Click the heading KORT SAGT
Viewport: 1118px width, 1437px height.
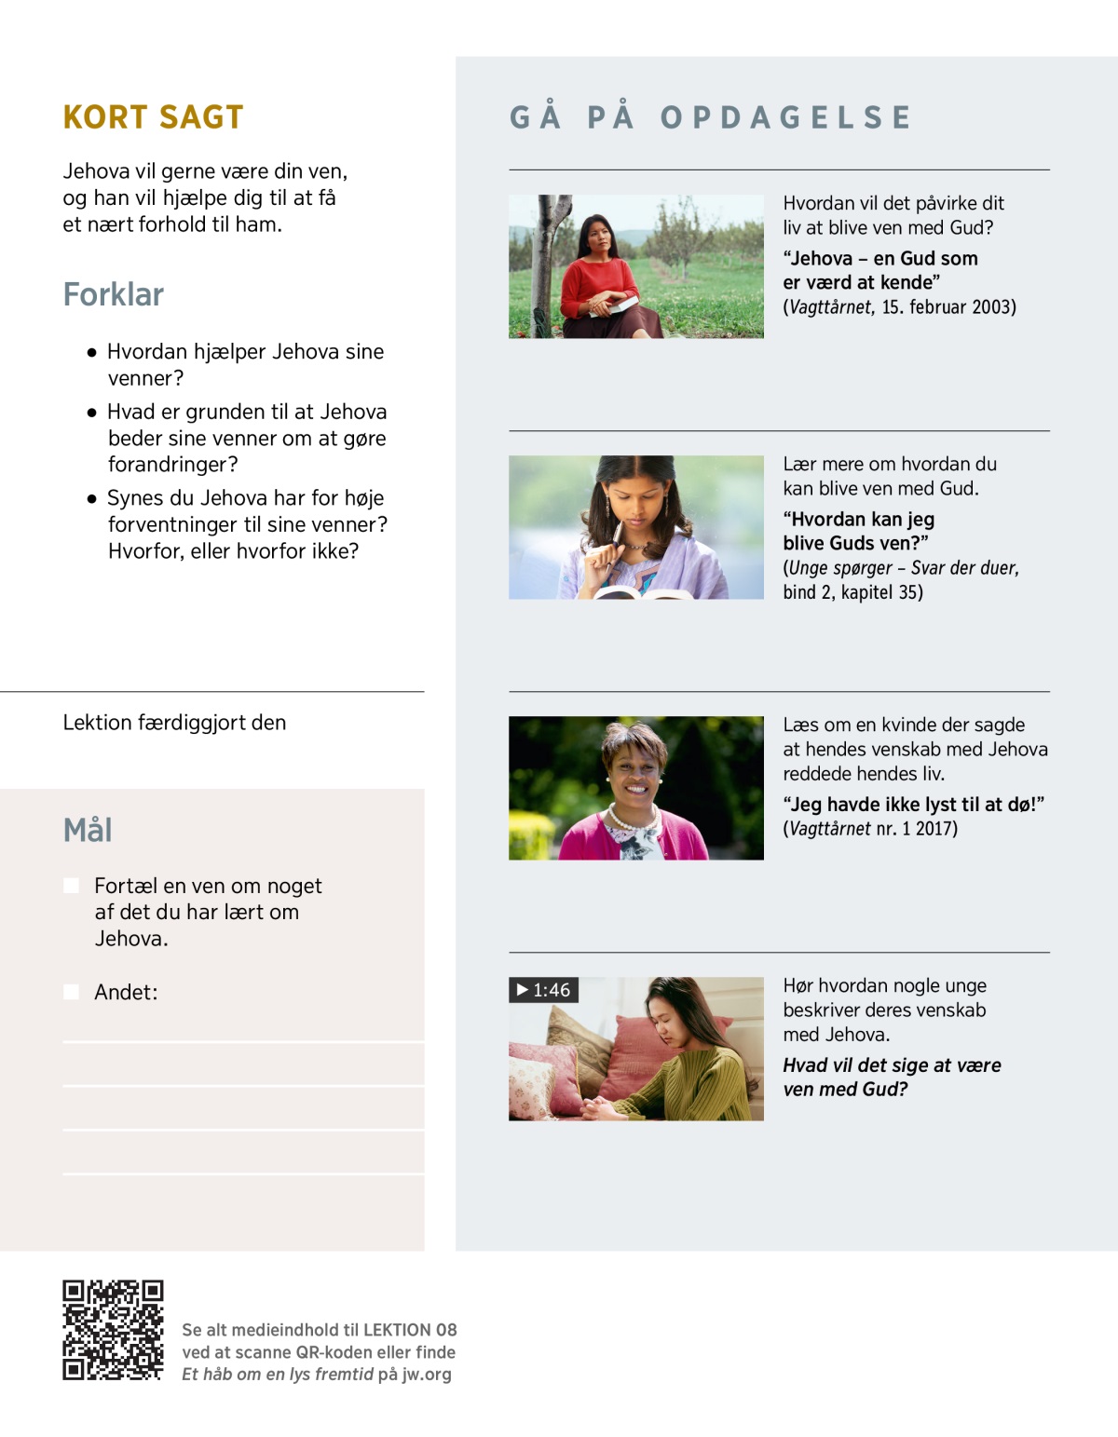(153, 117)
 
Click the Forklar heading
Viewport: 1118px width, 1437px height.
(113, 294)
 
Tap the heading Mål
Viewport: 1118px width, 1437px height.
(88, 830)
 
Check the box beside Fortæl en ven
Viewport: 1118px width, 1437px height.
(71, 886)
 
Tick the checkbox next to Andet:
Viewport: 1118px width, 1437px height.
(71, 992)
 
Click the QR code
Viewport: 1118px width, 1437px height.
(113, 1330)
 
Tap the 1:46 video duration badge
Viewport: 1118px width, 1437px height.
(544, 990)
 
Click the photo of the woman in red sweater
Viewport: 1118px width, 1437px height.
(635, 266)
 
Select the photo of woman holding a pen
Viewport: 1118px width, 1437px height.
(635, 527)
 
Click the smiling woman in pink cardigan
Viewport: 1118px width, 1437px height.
(635, 788)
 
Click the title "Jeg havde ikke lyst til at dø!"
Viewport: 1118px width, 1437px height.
(913, 805)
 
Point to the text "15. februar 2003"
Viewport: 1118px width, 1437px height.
(948, 307)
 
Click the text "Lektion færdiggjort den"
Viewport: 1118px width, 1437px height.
(174, 723)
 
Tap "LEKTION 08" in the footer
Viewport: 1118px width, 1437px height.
(410, 1330)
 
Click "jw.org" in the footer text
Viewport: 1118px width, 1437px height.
(427, 1375)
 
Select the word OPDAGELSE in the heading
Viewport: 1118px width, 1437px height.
(786, 117)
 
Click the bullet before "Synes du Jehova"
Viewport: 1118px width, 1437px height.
(91, 499)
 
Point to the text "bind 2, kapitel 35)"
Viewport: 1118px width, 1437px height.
(852, 592)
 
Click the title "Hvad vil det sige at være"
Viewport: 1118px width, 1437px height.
(892, 1065)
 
